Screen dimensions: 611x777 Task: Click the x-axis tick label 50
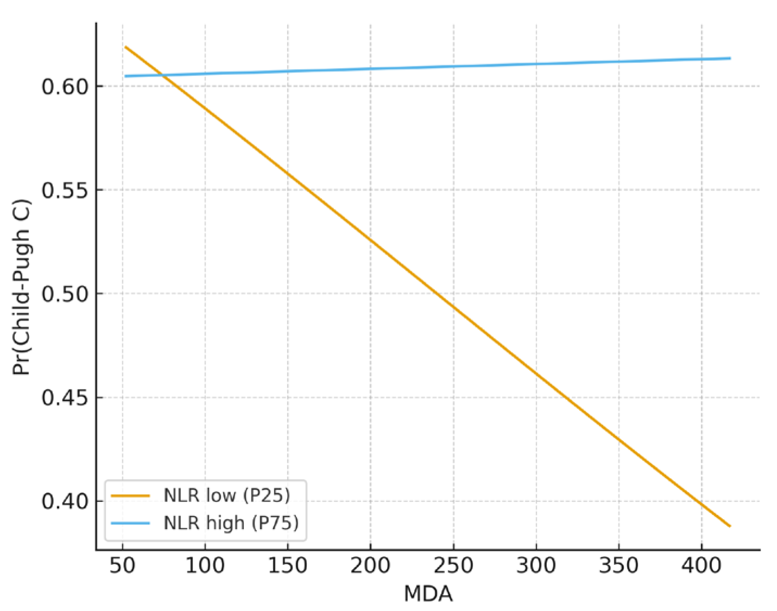122,566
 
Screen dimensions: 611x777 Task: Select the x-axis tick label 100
205,566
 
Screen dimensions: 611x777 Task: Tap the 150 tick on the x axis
288,566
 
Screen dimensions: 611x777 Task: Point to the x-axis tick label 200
370,566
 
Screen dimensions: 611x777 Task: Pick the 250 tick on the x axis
453,566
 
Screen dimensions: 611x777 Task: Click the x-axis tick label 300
536,566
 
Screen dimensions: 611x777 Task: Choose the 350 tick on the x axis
619,566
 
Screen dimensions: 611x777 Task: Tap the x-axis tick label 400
702,566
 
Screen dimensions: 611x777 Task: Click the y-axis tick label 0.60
65,87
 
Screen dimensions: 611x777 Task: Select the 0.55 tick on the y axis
65,190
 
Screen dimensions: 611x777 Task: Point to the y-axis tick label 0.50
65,294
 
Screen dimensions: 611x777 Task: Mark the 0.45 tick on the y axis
65,398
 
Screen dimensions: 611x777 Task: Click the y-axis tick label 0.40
65,501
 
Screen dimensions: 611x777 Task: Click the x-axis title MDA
428,594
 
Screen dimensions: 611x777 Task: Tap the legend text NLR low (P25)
227,495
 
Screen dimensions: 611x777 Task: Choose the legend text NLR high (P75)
231,523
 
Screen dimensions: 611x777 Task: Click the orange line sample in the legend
130,495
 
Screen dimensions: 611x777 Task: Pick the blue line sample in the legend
130,523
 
